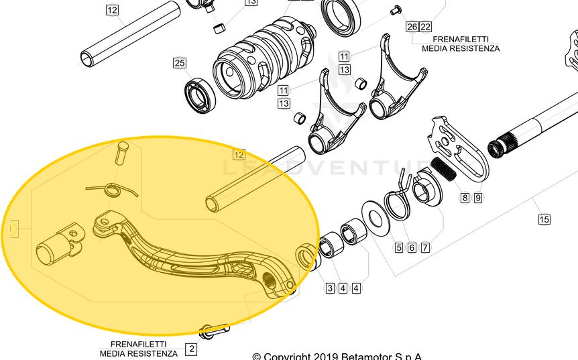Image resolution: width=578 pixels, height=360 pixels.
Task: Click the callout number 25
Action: coord(179,63)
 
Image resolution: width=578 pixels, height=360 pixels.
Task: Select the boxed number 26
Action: coord(412,27)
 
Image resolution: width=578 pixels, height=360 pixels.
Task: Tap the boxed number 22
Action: coord(425,27)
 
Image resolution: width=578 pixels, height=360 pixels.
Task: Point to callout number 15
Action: coord(544,219)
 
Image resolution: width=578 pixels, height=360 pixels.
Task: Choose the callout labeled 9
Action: coord(478,198)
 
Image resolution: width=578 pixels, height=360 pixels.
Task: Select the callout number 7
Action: coord(425,247)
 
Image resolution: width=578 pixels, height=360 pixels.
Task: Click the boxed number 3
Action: coord(330,288)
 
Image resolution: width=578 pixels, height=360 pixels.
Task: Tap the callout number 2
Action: coord(191,349)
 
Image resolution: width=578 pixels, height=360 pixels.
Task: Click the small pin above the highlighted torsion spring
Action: coord(121,151)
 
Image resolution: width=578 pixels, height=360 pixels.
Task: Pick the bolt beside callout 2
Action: coord(213,331)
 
